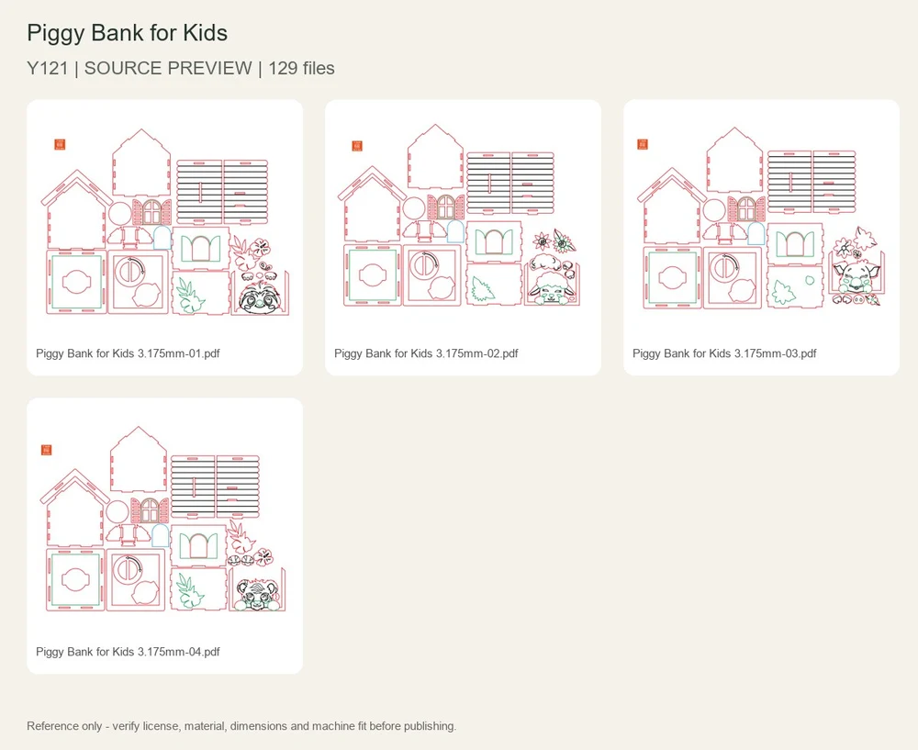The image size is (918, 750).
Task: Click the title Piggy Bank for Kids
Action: [127, 33]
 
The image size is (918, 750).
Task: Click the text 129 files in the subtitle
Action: [301, 68]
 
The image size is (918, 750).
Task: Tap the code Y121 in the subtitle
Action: [48, 68]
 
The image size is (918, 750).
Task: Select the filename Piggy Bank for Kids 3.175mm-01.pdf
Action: [128, 353]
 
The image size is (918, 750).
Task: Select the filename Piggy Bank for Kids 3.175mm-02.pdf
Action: [426, 353]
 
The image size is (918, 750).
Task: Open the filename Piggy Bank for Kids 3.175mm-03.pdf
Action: [724, 353]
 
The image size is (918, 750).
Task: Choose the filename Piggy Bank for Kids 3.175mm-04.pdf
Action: [128, 652]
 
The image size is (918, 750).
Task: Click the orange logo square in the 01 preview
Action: [60, 144]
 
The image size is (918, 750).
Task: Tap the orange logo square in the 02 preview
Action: [357, 146]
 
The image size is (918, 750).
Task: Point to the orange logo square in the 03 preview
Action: [643, 144]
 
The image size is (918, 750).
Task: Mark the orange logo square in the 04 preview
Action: [47, 450]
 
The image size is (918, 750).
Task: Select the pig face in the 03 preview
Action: [856, 276]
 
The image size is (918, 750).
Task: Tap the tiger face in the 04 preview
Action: [254, 594]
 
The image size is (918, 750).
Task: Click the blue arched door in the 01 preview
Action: [162, 238]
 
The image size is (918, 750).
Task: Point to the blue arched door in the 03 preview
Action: [756, 233]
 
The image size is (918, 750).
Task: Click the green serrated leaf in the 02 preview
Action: [483, 289]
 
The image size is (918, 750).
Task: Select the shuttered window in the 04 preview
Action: [150, 510]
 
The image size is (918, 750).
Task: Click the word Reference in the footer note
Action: [50, 726]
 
